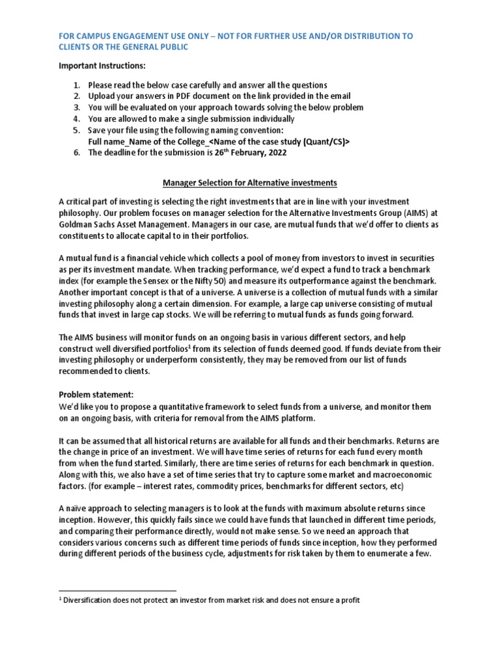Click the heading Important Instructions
(102, 66)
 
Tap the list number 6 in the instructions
(76, 153)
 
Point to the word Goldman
(78, 224)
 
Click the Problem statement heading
(94, 395)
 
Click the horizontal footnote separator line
(117, 591)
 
